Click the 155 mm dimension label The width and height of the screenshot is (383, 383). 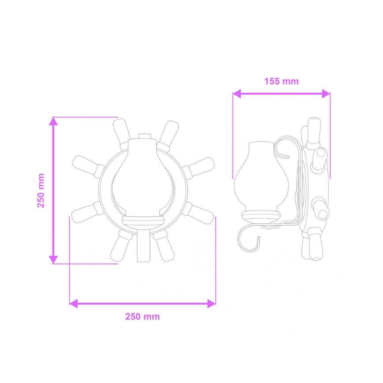[x=281, y=81]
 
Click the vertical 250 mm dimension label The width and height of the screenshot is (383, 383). [x=41, y=190]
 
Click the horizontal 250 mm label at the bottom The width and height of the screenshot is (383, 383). [x=143, y=316]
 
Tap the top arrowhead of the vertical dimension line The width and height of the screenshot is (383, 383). [x=53, y=122]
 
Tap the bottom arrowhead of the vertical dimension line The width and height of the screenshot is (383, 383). [x=53, y=259]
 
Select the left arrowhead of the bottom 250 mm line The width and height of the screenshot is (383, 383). [x=74, y=303]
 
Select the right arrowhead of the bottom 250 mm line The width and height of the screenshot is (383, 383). [x=211, y=303]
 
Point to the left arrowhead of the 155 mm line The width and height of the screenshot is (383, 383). [x=237, y=94]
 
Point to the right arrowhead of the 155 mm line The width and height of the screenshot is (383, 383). [x=326, y=94]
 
